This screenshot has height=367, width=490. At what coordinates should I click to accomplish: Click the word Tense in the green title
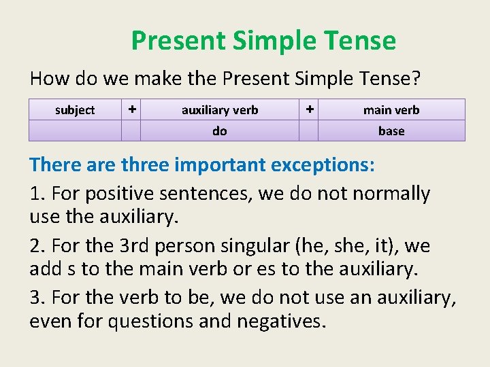coord(361,41)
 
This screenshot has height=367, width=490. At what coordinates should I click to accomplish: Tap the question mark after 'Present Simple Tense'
coord(416,79)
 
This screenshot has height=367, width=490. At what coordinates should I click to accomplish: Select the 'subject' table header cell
coord(75,110)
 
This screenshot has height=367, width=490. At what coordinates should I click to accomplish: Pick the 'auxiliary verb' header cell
coord(220,110)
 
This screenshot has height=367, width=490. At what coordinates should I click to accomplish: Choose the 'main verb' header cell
coord(391,110)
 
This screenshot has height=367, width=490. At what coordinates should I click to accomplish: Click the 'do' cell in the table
coord(220,131)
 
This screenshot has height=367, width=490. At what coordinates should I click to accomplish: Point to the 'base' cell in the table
coord(391,131)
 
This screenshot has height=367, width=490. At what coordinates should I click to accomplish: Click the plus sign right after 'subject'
coord(131,109)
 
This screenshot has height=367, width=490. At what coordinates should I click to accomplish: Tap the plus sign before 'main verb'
coord(309,109)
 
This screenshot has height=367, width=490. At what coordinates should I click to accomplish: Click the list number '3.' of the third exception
coord(38,298)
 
